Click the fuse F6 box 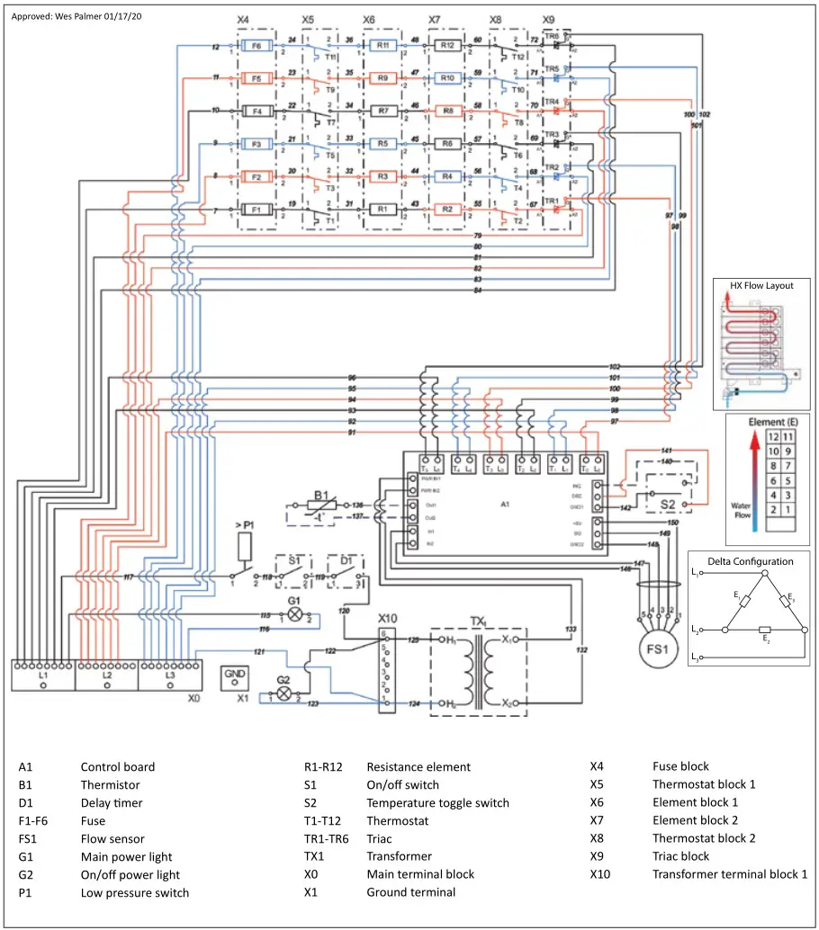256,45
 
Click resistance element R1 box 382,209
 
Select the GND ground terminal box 235,676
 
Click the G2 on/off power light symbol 283,694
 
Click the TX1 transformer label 478,621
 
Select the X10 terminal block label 388,620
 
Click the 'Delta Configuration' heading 750,561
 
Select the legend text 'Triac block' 680,856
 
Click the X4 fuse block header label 243,19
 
